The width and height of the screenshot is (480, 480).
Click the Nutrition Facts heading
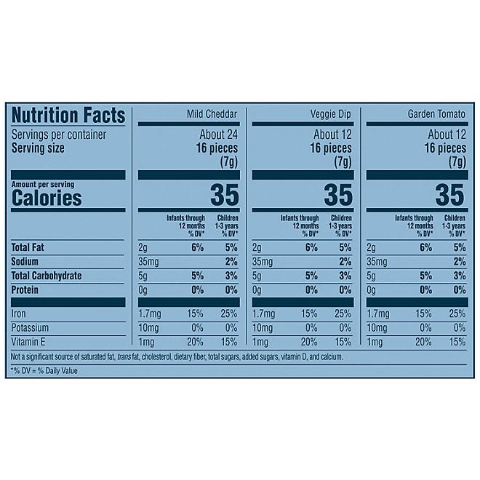click(x=68, y=115)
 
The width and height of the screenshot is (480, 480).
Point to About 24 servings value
click(x=220, y=135)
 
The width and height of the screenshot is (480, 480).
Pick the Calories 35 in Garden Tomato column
click(x=449, y=195)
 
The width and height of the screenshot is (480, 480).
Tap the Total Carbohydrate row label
click(x=52, y=276)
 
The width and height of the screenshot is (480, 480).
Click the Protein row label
click(x=28, y=289)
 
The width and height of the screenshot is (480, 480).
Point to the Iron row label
click(x=19, y=314)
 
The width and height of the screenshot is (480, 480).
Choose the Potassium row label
click(x=32, y=328)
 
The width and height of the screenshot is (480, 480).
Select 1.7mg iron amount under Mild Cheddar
click(x=150, y=314)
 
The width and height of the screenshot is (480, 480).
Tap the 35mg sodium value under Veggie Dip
click(x=263, y=261)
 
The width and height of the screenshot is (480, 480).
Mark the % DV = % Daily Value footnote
click(x=44, y=371)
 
